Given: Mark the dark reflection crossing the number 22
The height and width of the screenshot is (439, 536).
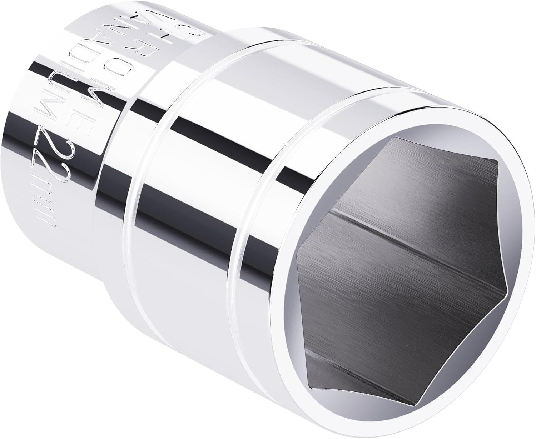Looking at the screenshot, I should pyautogui.click(x=57, y=143).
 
